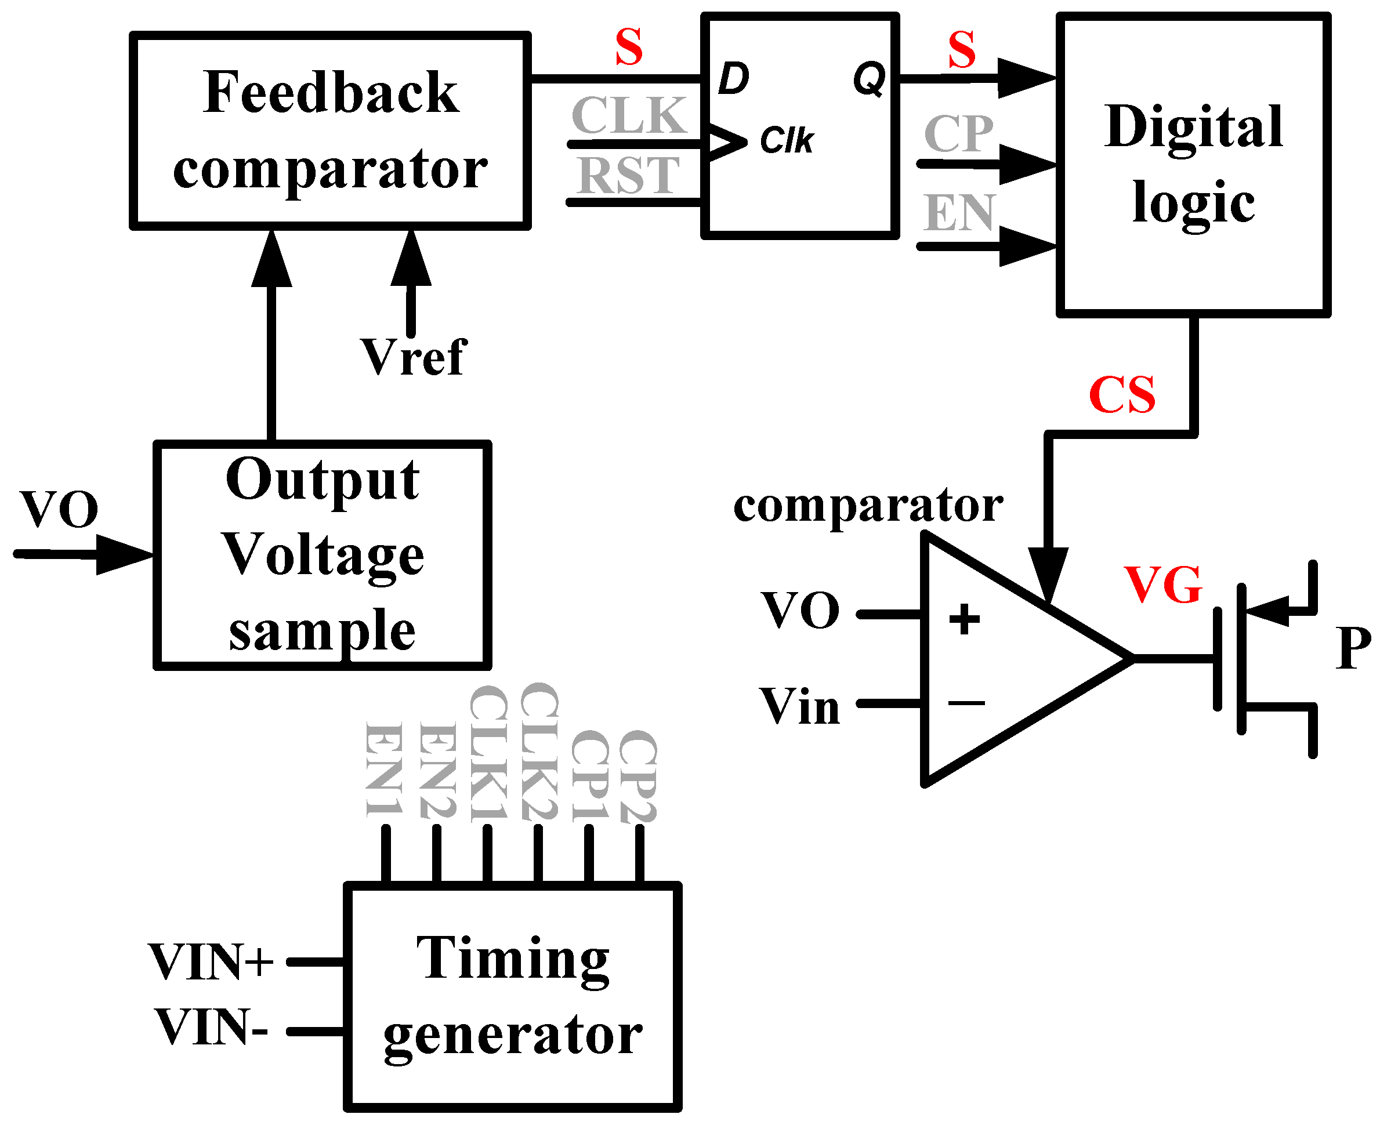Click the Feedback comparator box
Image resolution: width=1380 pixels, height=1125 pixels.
(330, 130)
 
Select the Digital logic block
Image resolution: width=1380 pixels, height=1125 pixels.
(1193, 165)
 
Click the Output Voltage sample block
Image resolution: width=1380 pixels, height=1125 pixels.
(322, 554)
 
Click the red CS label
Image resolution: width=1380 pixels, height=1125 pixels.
(1121, 395)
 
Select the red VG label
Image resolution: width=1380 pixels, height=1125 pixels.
(1163, 585)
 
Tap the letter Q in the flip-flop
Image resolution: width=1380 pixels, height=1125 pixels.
(868, 79)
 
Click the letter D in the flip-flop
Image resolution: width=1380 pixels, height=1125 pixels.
(733, 79)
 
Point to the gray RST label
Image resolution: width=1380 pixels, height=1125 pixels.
(628, 176)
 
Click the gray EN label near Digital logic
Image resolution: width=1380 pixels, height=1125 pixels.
(959, 213)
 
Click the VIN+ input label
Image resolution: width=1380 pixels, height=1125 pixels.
(211, 961)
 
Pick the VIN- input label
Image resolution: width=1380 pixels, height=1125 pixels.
(211, 1028)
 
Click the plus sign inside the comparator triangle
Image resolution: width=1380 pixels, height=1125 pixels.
(964, 619)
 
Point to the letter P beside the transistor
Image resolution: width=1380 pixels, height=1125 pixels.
(1353, 648)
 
